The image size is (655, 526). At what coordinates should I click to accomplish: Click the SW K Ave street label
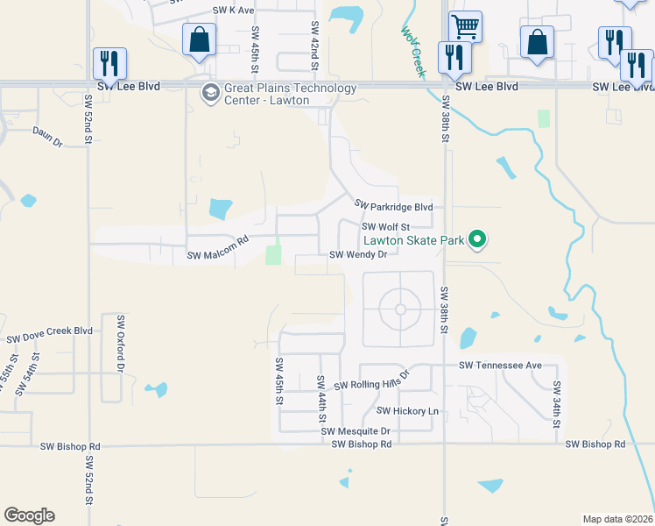(x=233, y=11)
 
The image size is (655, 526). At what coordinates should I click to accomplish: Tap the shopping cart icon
(x=464, y=25)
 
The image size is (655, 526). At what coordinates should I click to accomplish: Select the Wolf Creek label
(x=412, y=51)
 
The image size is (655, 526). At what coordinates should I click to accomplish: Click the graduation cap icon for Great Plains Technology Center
(x=210, y=92)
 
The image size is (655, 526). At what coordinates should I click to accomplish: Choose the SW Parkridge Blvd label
(x=394, y=206)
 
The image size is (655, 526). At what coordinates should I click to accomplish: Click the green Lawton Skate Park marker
(x=477, y=238)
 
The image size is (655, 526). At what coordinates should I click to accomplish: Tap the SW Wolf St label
(x=385, y=225)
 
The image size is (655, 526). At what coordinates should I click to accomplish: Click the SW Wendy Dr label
(x=358, y=255)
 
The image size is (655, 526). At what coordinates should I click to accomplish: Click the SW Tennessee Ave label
(x=499, y=365)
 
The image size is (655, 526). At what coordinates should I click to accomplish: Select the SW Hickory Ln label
(x=407, y=410)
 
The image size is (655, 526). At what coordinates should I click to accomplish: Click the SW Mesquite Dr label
(x=355, y=431)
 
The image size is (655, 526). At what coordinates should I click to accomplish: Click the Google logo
(x=29, y=515)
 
